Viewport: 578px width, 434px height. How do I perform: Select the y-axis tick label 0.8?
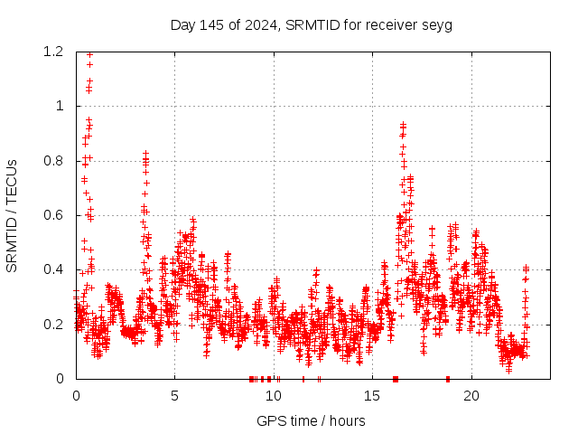point(55,161)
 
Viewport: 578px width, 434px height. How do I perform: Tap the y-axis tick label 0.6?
point(55,215)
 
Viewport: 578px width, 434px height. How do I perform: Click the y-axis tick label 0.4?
point(55,269)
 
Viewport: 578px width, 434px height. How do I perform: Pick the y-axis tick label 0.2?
point(55,324)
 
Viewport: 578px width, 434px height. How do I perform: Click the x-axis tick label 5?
point(175,395)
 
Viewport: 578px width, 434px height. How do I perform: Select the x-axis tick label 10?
point(274,395)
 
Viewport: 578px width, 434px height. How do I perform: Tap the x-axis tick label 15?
point(373,395)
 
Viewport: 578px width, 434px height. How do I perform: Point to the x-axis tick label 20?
point(471,395)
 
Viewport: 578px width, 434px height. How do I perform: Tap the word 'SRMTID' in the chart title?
point(308,24)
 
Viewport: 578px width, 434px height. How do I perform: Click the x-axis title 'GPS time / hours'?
point(311,420)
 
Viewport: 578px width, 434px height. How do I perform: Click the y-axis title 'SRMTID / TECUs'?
point(13,215)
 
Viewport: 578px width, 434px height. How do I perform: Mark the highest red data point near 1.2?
point(89,54)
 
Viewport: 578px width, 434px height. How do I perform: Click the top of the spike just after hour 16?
point(403,124)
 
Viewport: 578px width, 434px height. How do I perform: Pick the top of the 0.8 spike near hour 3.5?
point(145,154)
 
